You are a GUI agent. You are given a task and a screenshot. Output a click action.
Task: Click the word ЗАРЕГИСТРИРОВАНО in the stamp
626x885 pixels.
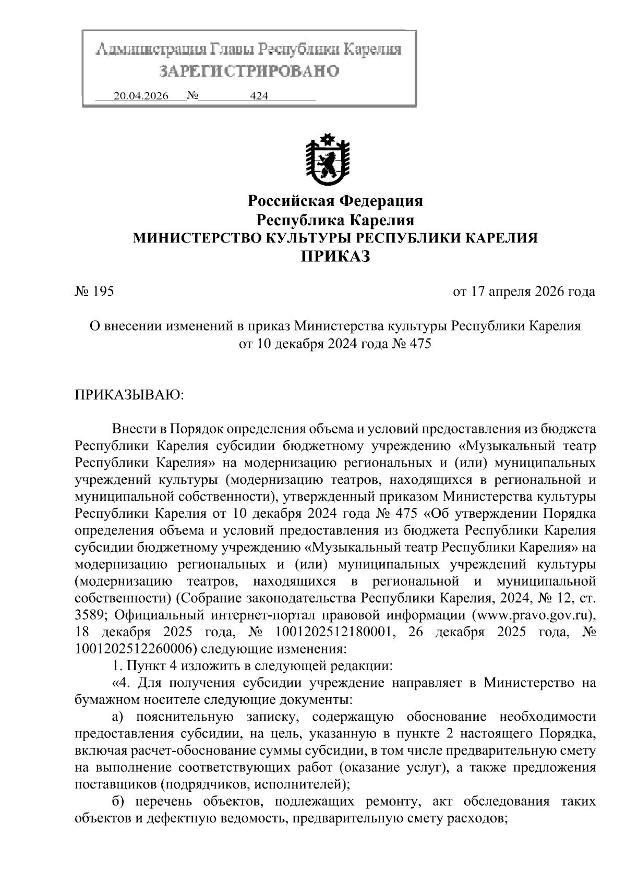coord(249,71)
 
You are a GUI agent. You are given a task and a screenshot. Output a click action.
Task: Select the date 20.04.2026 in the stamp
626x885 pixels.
coord(141,96)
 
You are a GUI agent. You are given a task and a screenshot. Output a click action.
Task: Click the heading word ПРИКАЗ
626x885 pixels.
coord(335,257)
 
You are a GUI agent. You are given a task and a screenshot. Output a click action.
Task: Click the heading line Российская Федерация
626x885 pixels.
coord(335,201)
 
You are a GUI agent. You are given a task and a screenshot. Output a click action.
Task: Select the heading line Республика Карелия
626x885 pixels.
coord(336,219)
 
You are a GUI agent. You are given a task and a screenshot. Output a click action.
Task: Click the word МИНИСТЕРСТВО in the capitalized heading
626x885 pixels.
coord(198,238)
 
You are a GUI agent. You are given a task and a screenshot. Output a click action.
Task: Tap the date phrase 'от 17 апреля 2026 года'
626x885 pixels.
coord(524,292)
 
